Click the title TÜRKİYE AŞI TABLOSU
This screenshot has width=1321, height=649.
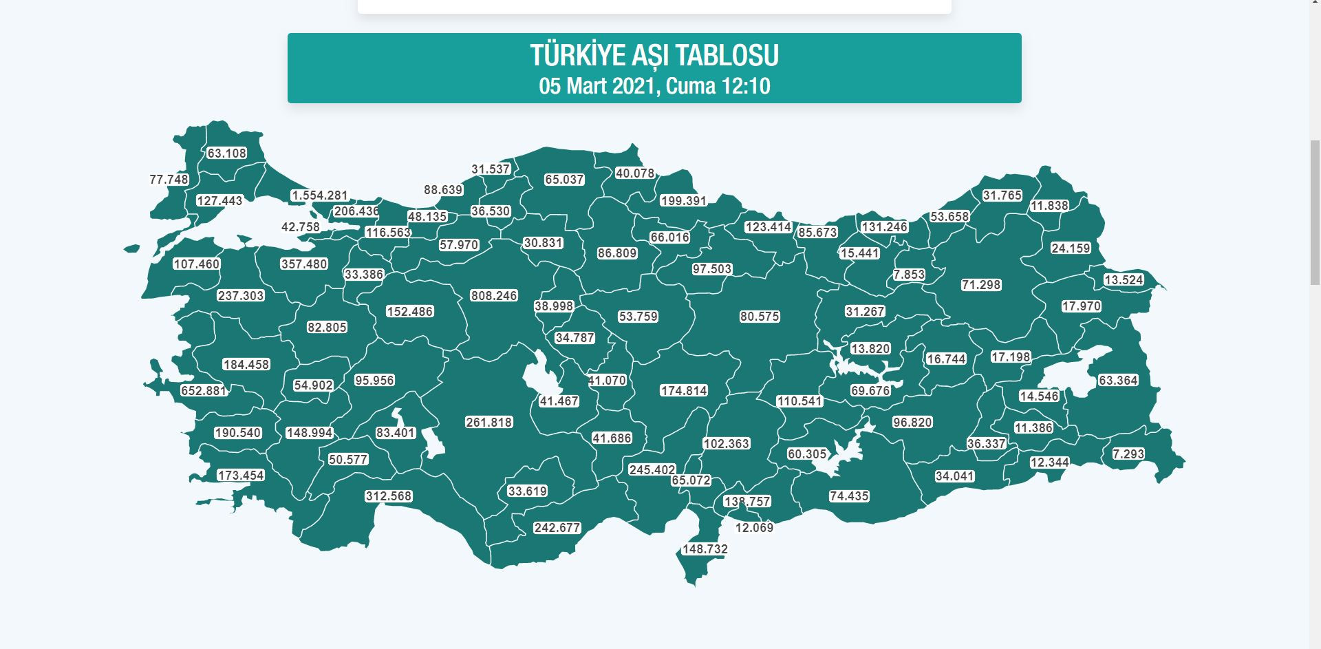pyautogui.click(x=654, y=56)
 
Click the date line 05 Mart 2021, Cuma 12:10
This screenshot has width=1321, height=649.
pyautogui.click(x=654, y=86)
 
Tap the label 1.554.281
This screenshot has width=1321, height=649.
pyautogui.click(x=319, y=195)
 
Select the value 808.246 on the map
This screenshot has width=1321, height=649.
pyautogui.click(x=493, y=296)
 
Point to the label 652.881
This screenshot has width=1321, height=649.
pyautogui.click(x=204, y=391)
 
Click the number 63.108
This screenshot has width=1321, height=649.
pyautogui.click(x=226, y=153)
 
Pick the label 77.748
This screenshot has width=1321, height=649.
pyautogui.click(x=169, y=180)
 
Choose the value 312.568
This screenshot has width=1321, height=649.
pyautogui.click(x=388, y=496)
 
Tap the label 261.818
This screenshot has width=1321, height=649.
pyautogui.click(x=488, y=423)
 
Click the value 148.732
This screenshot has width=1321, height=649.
pyautogui.click(x=705, y=549)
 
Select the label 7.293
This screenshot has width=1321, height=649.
pyautogui.click(x=1128, y=454)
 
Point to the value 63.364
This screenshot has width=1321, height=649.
pyautogui.click(x=1118, y=381)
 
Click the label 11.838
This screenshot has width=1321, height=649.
pyautogui.click(x=1049, y=206)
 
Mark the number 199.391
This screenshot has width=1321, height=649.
pyautogui.click(x=683, y=201)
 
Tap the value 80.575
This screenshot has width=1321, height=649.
pyautogui.click(x=760, y=317)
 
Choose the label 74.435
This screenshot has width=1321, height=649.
pyautogui.click(x=849, y=496)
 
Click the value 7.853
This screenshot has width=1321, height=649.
pyautogui.click(x=909, y=275)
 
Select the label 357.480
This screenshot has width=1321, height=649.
pyautogui.click(x=304, y=264)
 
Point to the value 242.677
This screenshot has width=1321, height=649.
pyautogui.click(x=557, y=528)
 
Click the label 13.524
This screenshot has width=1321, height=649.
pyautogui.click(x=1124, y=280)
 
